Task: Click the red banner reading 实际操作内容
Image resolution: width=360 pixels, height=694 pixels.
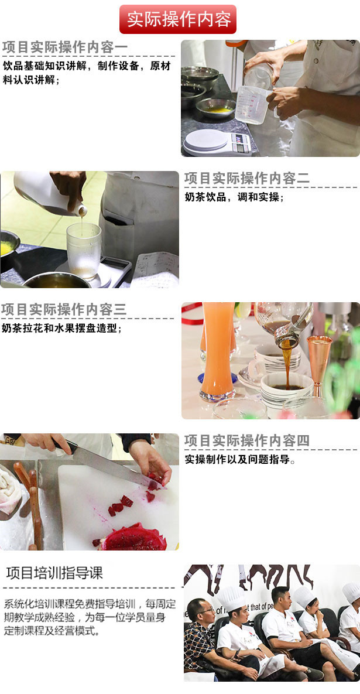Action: [x=178, y=19]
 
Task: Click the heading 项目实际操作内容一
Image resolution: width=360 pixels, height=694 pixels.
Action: [x=65, y=47]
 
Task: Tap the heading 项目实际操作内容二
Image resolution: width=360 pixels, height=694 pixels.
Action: [x=247, y=179]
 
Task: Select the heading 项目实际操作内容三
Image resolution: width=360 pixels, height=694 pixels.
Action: [x=64, y=309]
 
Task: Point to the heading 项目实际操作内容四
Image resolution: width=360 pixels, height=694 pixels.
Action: [x=247, y=440]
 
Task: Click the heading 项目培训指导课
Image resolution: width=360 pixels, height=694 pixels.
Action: [x=54, y=573]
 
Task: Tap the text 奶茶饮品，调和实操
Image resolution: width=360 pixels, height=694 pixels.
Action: [x=234, y=197]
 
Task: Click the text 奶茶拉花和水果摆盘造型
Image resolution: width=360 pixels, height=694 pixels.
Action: [x=62, y=329]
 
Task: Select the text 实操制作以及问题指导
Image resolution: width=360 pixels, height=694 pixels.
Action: [x=240, y=459]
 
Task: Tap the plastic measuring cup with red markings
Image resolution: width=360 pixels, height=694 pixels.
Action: [x=253, y=105]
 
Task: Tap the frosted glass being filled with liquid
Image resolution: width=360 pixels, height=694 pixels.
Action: [x=84, y=251]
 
